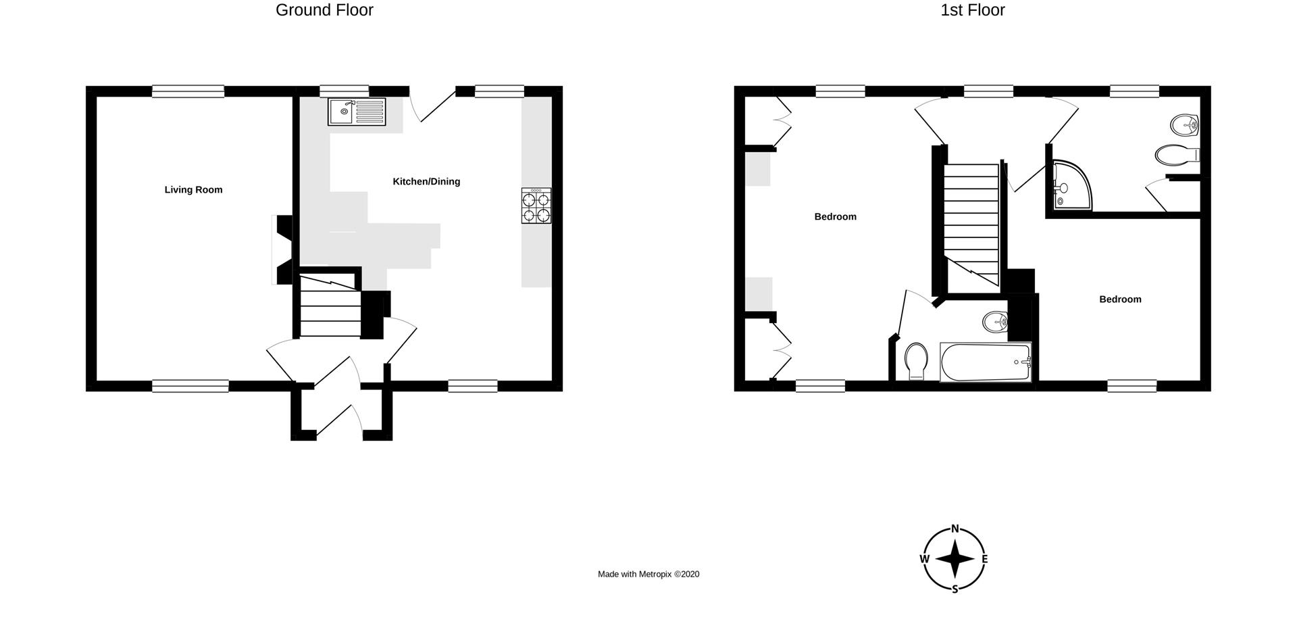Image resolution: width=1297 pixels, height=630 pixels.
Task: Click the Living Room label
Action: pyautogui.click(x=193, y=190)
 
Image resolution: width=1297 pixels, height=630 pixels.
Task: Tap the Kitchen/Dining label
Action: pyautogui.click(x=426, y=181)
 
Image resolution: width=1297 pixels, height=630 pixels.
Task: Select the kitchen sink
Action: pyautogui.click(x=357, y=112)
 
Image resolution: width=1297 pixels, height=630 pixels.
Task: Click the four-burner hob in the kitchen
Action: pyautogui.click(x=536, y=205)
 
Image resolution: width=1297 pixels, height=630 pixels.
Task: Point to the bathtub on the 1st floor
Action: pyautogui.click(x=986, y=362)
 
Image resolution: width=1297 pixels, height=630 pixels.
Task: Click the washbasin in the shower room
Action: pyautogui.click(x=1184, y=124)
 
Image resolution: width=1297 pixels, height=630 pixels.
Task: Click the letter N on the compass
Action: pyautogui.click(x=955, y=529)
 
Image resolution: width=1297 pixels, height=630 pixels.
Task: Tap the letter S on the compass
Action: pyautogui.click(x=955, y=589)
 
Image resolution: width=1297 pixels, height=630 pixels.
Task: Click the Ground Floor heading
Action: pyautogui.click(x=324, y=10)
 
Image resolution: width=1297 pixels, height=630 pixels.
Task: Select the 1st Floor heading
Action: pyautogui.click(x=973, y=10)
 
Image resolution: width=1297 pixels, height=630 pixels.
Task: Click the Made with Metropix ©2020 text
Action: pyautogui.click(x=648, y=575)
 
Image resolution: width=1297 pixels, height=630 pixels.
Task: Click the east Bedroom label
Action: pyautogui.click(x=1120, y=299)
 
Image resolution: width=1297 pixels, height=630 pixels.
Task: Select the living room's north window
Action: pyautogui.click(x=188, y=91)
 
